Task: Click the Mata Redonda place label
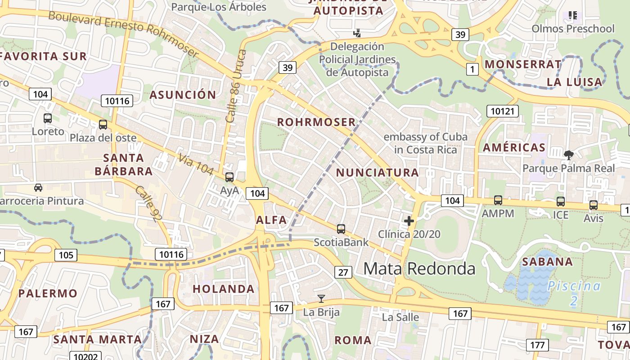point(419,269)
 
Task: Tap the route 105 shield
point(66,255)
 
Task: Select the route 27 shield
point(343,272)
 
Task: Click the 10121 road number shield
point(503,111)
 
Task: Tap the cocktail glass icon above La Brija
point(321,298)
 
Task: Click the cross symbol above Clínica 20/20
point(409,221)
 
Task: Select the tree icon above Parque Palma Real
point(568,155)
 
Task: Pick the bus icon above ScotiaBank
point(341,229)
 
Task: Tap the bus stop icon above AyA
point(229,177)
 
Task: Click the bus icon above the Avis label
point(594,205)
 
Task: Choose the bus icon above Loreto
point(48,118)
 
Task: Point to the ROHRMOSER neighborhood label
point(316,122)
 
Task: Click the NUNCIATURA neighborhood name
point(378,172)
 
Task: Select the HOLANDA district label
point(224,289)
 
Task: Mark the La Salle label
point(400,317)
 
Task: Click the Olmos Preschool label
point(573,29)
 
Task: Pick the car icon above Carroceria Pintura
point(38,188)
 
